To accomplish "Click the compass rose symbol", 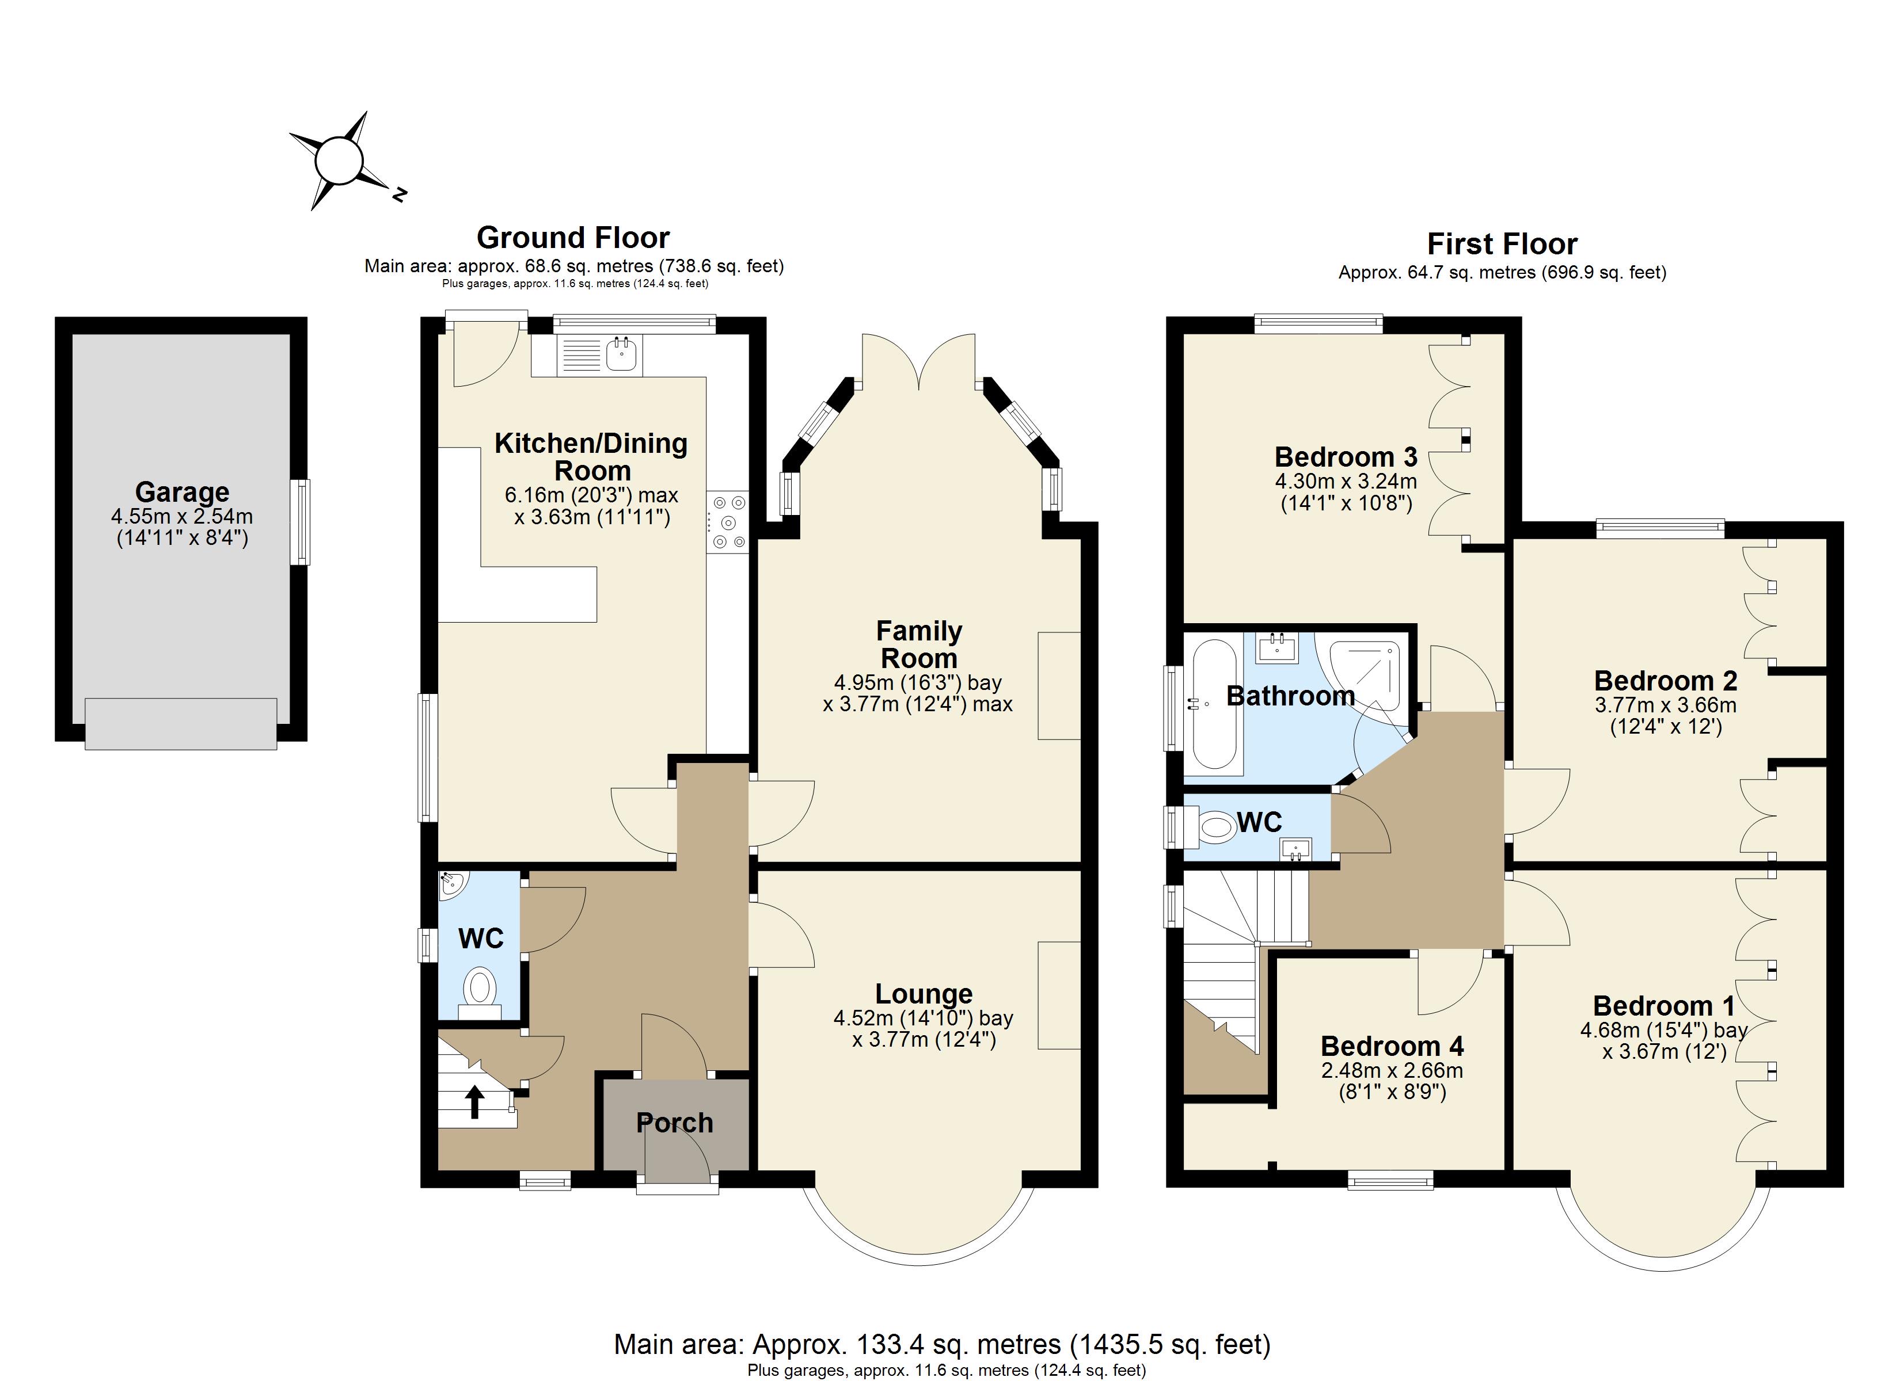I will point(339,161).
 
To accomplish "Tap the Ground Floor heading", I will point(573,238).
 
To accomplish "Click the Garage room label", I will point(182,491).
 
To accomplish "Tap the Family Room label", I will point(918,644).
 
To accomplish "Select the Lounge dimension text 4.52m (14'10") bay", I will point(923,1019).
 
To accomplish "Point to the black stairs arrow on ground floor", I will point(474,1102).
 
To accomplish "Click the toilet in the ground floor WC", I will point(479,988).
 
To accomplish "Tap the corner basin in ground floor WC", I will point(453,883).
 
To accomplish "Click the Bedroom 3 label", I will point(1346,457).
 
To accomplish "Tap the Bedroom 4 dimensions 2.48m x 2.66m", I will point(1392,1070).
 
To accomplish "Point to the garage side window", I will point(301,522).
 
